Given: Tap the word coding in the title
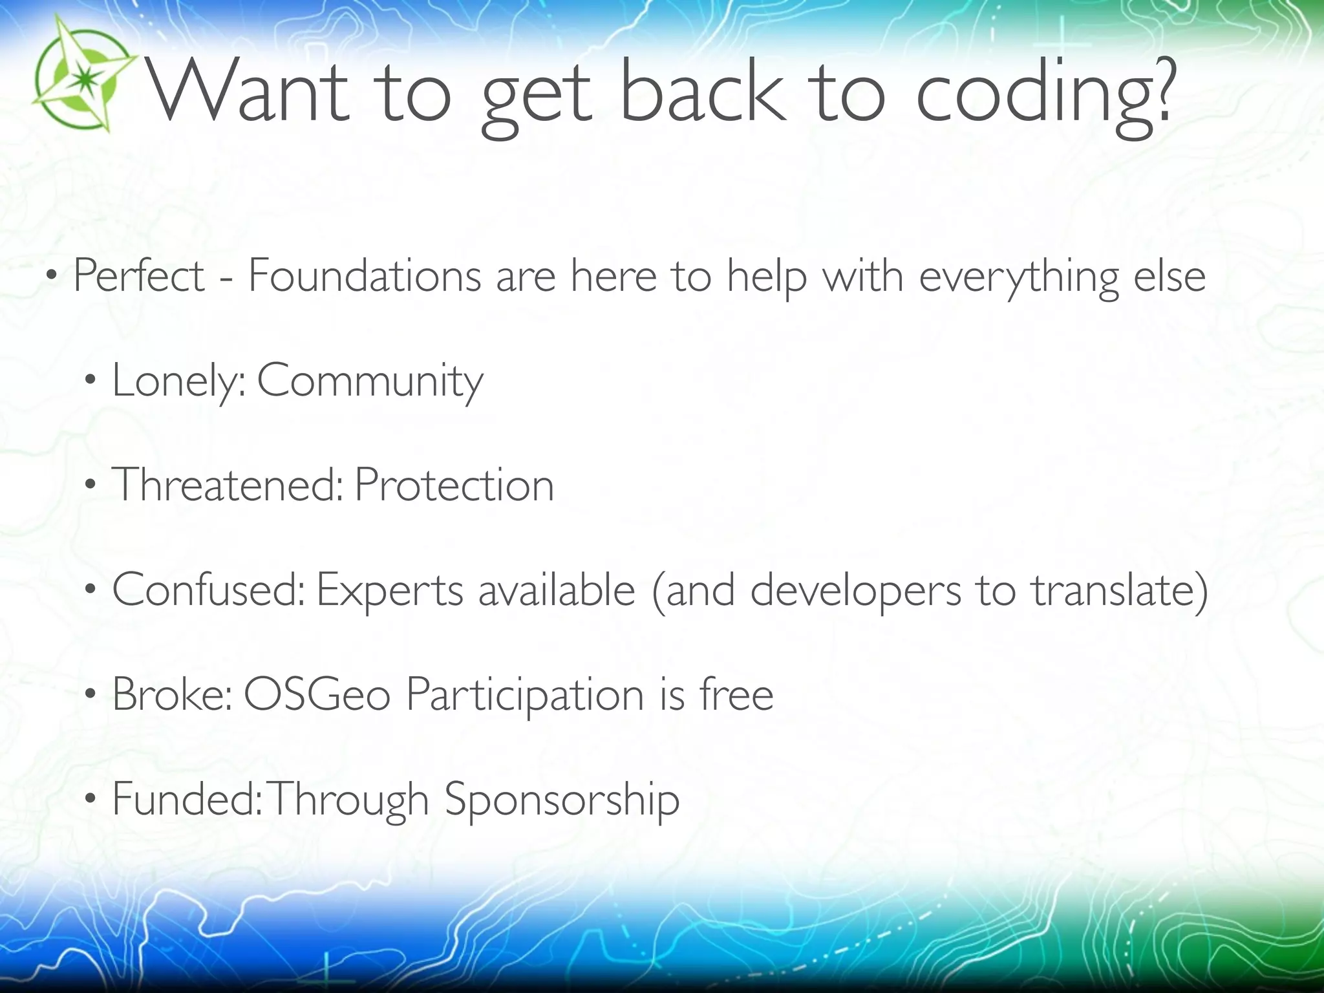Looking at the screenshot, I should tap(1032, 97).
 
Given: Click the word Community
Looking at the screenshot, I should tap(370, 382).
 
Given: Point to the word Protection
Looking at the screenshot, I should tap(454, 485).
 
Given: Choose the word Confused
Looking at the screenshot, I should tap(208, 590).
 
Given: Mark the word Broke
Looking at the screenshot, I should tap(171, 694).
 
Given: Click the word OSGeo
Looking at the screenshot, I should tap(317, 694).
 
